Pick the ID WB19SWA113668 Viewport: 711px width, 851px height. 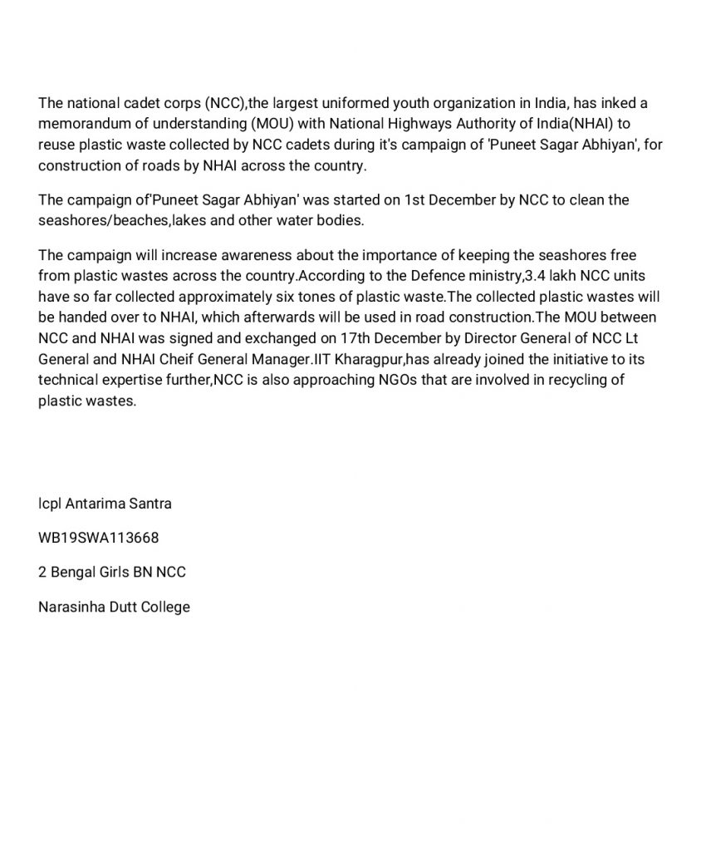tap(99, 538)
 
